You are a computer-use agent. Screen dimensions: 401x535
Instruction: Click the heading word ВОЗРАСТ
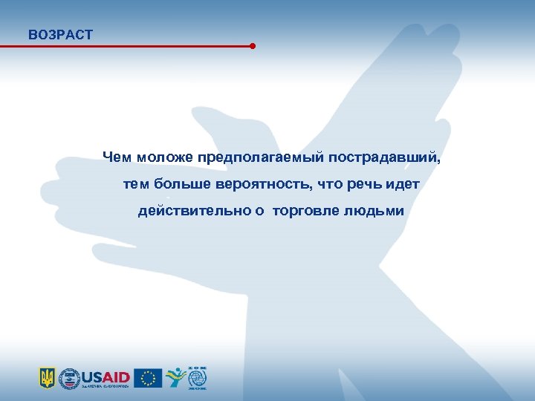point(60,34)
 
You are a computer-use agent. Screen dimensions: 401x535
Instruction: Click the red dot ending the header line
point(253,46)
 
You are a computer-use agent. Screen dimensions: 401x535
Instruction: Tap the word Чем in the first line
point(117,157)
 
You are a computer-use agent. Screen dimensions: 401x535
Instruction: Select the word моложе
point(164,157)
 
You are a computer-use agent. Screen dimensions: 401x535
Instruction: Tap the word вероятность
point(274,184)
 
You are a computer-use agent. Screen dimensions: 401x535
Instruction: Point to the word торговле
point(305,212)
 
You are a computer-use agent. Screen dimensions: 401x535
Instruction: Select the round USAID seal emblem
point(70,378)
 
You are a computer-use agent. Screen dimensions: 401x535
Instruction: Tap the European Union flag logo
point(149,378)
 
